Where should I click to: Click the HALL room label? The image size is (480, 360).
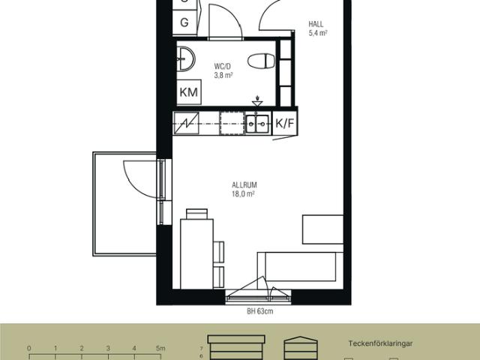(x=316, y=24)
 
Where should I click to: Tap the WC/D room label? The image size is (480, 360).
(x=222, y=67)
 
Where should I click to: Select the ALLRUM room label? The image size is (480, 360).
(x=244, y=185)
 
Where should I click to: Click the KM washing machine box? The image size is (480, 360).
(x=189, y=92)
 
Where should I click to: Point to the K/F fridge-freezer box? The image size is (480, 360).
(x=285, y=123)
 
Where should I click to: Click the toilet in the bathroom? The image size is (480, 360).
(x=261, y=61)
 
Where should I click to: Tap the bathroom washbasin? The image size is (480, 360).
(x=186, y=58)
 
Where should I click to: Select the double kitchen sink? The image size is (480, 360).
(x=257, y=124)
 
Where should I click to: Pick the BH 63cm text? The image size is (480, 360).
(x=260, y=311)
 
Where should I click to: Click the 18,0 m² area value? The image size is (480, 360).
(x=243, y=193)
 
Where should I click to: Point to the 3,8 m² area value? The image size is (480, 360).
(x=223, y=75)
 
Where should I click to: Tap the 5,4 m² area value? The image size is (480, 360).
(x=318, y=33)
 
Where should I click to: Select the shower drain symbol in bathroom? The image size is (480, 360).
(x=257, y=101)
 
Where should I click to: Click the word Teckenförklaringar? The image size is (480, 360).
(x=380, y=343)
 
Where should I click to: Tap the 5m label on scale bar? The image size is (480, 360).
(x=160, y=348)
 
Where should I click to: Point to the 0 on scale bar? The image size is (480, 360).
(x=29, y=348)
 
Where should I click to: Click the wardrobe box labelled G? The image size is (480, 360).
(x=184, y=22)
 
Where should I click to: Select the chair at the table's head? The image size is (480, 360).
(x=196, y=214)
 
